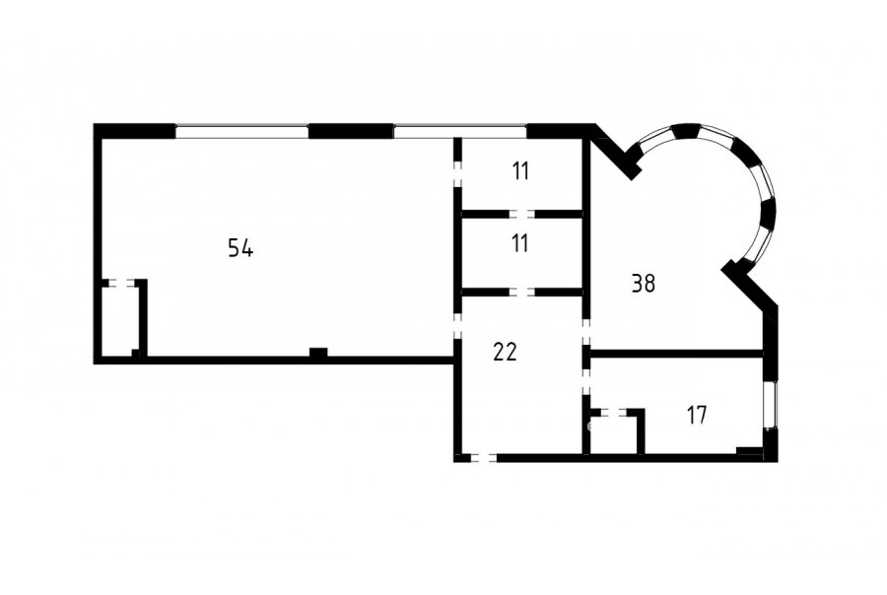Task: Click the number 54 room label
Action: [240, 247]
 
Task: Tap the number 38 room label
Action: [644, 284]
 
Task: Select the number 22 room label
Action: [505, 353]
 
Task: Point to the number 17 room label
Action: [697, 415]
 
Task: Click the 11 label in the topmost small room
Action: [520, 170]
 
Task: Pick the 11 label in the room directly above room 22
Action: [519, 243]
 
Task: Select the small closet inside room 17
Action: [614, 434]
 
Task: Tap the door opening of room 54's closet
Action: [121, 283]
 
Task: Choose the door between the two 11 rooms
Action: [522, 214]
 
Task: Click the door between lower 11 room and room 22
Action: [522, 292]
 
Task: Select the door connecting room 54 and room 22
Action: [458, 325]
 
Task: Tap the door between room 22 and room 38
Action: [586, 331]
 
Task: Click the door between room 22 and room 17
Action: [586, 382]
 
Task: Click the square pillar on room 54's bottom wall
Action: [318, 353]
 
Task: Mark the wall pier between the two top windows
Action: [351, 131]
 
